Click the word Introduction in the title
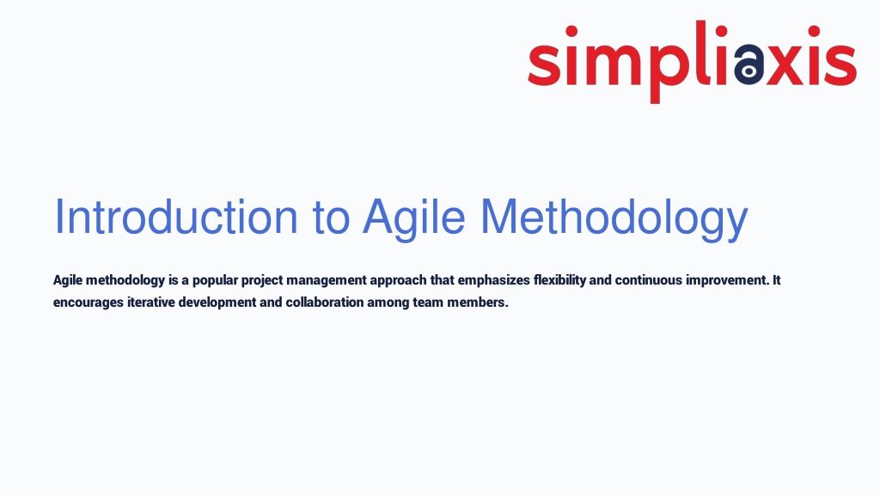pos(175,217)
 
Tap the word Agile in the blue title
pos(414,219)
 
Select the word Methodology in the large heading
pos(614,219)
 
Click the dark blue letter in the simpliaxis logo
pos(749,64)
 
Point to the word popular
pos(215,281)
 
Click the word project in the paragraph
pos(262,281)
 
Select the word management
pos(326,281)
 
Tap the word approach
pos(398,281)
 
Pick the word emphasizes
pos(494,281)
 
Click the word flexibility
pos(559,281)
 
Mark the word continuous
pos(649,280)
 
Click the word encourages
pos(89,303)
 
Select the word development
pos(217,303)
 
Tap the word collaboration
pos(325,302)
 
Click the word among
pos(388,303)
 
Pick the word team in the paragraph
pos(428,302)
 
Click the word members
pos(478,302)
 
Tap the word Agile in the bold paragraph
pos(68,281)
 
